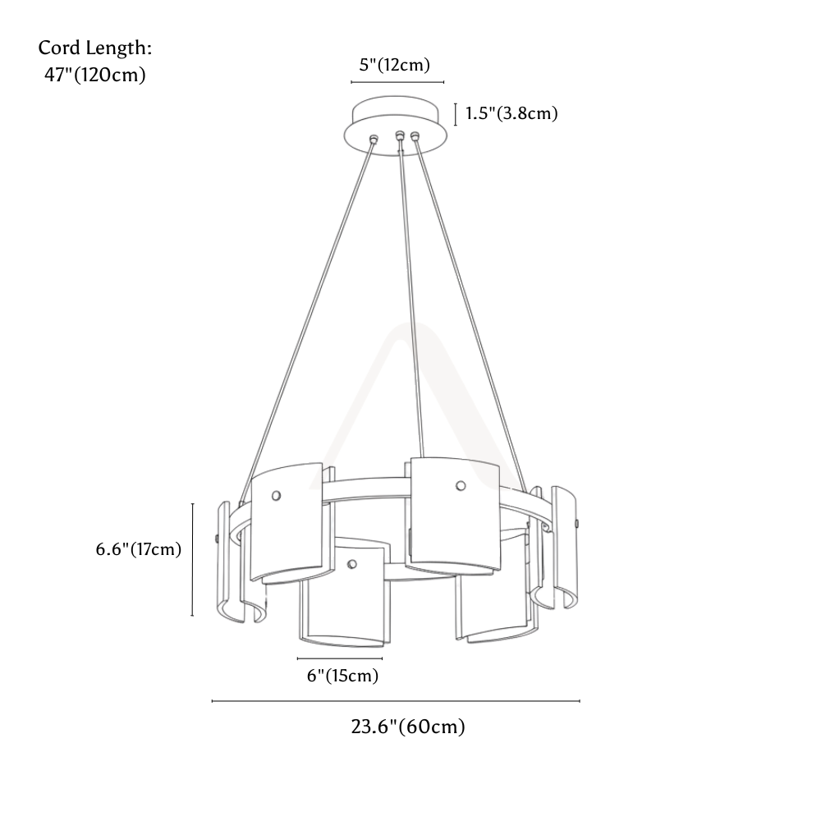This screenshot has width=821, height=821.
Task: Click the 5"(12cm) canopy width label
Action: coord(394,65)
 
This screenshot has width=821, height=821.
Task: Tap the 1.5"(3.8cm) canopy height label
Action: coord(511,113)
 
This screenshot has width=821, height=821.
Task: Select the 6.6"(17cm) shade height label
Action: coord(138,549)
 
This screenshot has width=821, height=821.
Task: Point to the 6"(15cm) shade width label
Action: coord(342,676)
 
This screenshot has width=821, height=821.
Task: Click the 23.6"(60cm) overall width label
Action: coord(408,727)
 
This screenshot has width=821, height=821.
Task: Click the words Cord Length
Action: coord(94,48)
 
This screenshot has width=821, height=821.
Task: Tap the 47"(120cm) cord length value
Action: coord(94,75)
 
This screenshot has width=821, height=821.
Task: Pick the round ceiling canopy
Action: coord(396,126)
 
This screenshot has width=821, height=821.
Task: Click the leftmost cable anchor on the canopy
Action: coord(374,139)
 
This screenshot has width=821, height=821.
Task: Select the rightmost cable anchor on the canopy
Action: coord(415,136)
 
